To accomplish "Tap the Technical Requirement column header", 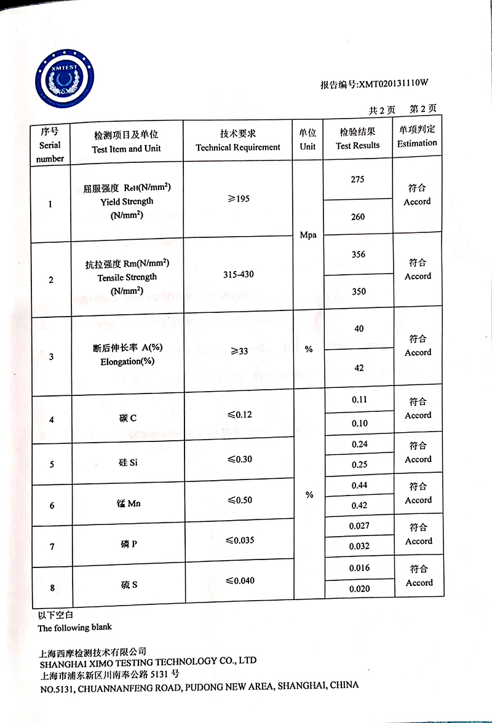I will [238, 141].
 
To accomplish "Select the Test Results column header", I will [357, 139].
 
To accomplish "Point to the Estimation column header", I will [417, 136].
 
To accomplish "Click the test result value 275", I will [357, 180].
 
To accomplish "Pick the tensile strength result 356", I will [359, 255].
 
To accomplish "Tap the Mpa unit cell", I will [307, 235].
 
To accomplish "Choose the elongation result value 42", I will [359, 368].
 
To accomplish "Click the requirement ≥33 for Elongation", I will [239, 350].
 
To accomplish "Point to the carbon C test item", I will [128, 419].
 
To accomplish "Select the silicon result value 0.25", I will [360, 465].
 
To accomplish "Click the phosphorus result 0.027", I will [359, 526].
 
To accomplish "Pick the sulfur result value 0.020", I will [360, 589].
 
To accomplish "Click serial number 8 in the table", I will [52, 588].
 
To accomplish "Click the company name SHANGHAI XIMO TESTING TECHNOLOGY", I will [148, 662].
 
